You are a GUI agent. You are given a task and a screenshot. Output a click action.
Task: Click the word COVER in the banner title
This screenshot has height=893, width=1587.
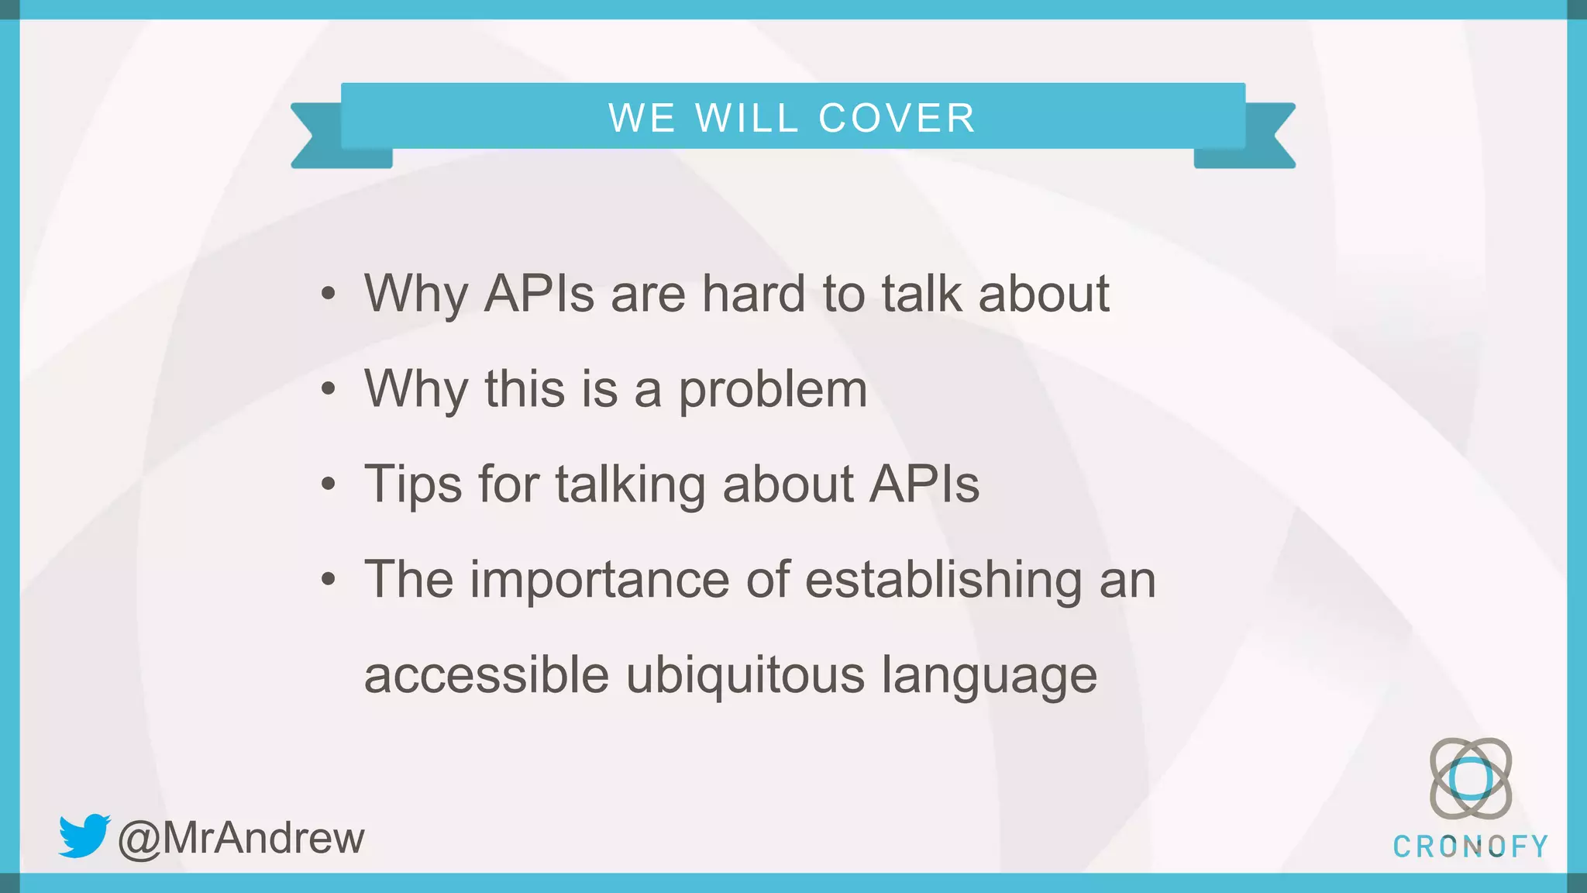897,119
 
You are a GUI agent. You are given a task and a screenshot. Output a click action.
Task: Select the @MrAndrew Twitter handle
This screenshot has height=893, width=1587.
241,838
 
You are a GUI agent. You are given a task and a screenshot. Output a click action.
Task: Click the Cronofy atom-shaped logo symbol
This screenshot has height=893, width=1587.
1470,778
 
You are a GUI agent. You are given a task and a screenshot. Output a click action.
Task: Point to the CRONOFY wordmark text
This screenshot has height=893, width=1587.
1470,846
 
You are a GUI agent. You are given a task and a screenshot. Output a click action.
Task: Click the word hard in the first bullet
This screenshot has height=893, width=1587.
753,294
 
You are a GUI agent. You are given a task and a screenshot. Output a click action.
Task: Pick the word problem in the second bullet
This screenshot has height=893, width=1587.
773,389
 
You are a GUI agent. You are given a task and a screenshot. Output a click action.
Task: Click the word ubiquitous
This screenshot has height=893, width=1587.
745,674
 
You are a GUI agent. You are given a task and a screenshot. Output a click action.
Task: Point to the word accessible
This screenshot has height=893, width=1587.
487,674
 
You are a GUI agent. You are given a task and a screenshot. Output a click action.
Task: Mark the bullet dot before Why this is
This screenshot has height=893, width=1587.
329,389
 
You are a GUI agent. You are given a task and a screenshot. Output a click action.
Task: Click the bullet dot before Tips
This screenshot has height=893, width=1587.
329,484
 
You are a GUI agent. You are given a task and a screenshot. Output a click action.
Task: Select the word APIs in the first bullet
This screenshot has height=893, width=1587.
539,294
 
